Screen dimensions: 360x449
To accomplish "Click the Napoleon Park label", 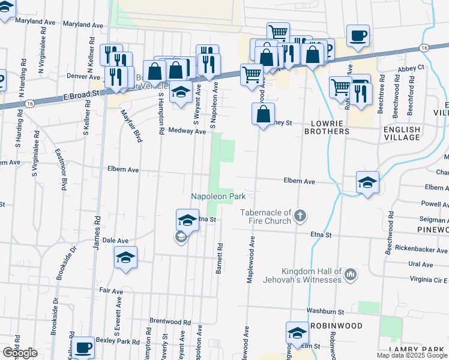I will click(x=218, y=196).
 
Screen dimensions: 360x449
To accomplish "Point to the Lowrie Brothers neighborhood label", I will click(x=326, y=127).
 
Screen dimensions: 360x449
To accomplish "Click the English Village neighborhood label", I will click(x=402, y=133).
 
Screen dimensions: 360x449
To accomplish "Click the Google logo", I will click(x=19, y=353).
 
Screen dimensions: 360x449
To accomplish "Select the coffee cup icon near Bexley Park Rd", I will click(x=83, y=347).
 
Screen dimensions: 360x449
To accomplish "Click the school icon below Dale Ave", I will click(x=125, y=258).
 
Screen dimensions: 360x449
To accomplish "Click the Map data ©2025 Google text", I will click(x=412, y=355).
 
